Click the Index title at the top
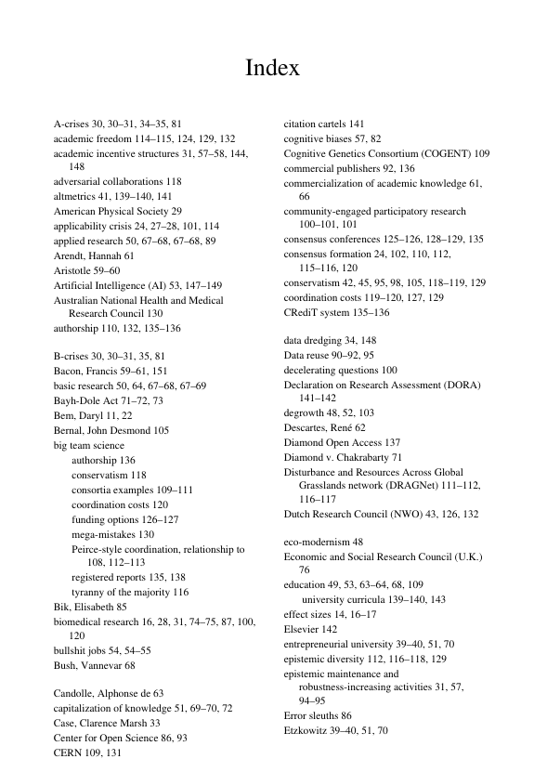point(272,69)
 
